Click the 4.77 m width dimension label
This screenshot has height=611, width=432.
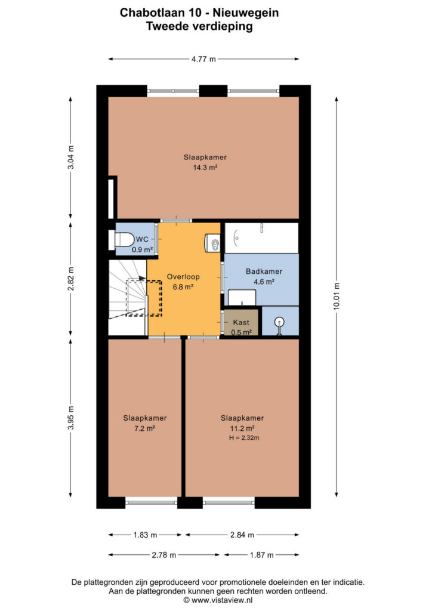(x=203, y=59)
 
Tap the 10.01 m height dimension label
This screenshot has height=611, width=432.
(x=337, y=297)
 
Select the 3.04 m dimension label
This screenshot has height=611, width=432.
(x=71, y=158)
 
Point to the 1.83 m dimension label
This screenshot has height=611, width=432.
(x=146, y=535)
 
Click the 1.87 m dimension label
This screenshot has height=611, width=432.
(x=262, y=555)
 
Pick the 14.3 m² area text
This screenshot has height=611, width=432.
(x=205, y=168)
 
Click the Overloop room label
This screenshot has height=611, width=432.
(x=183, y=277)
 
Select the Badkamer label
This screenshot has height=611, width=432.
(x=264, y=271)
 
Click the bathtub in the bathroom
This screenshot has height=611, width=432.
(x=262, y=237)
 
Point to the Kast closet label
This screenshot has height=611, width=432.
(x=241, y=322)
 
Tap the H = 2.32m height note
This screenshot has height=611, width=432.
(x=244, y=437)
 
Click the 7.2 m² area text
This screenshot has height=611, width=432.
(x=145, y=428)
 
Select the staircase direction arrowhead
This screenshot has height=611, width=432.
(x=142, y=279)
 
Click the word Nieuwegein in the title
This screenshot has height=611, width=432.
(x=246, y=13)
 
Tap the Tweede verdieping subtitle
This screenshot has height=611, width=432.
(x=199, y=26)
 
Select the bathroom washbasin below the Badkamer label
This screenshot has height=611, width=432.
(x=242, y=297)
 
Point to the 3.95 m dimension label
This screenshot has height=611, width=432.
(x=71, y=418)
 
